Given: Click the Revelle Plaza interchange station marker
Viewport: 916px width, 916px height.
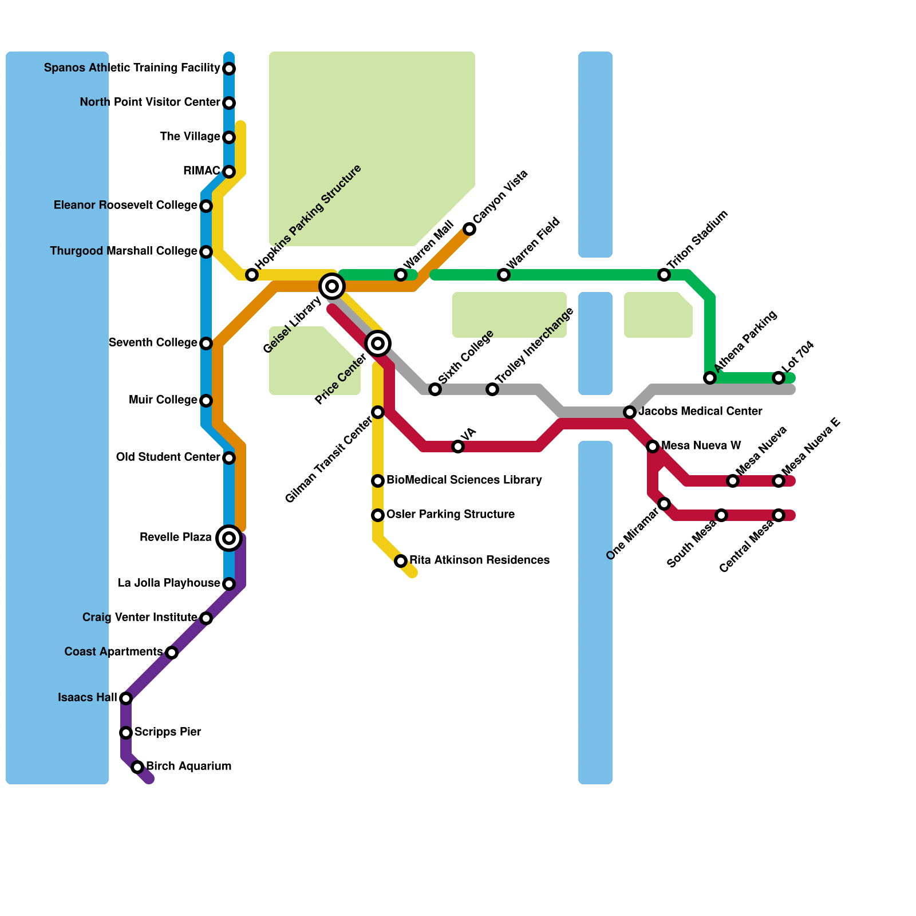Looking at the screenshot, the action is pyautogui.click(x=229, y=538).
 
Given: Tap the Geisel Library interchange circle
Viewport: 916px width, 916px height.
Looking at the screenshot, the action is pyautogui.click(x=332, y=286).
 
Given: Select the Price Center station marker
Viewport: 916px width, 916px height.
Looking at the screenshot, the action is pyautogui.click(x=378, y=343).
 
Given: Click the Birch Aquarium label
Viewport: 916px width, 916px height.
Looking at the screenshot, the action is pyautogui.click(x=188, y=767).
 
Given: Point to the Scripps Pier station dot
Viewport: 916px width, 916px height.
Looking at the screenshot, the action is pyautogui.click(x=126, y=733).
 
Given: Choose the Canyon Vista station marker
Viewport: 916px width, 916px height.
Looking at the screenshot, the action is pyautogui.click(x=469, y=229).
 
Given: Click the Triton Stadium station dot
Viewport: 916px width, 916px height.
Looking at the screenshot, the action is pyautogui.click(x=664, y=275).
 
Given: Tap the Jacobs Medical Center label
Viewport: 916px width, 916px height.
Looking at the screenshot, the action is pyautogui.click(x=700, y=412).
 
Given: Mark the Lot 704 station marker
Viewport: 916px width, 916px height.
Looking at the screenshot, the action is pyautogui.click(x=779, y=378).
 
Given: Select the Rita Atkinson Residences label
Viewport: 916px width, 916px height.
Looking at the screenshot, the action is pyautogui.click(x=479, y=560).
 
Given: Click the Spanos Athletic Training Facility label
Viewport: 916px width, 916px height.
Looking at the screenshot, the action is pyautogui.click(x=132, y=68).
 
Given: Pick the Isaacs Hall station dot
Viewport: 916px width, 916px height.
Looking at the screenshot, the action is pyautogui.click(x=126, y=698).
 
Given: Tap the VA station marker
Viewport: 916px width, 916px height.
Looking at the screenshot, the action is pyautogui.click(x=458, y=447).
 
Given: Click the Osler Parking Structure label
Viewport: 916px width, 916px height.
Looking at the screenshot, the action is pyautogui.click(x=450, y=515).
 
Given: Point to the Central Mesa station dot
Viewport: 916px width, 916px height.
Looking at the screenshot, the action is pyautogui.click(x=779, y=515).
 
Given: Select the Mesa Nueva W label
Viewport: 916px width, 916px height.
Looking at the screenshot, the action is pyautogui.click(x=701, y=446).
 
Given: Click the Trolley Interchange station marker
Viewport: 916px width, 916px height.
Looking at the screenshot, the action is pyautogui.click(x=492, y=389).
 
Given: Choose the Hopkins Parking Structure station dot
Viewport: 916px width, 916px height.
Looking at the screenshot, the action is pyautogui.click(x=252, y=275).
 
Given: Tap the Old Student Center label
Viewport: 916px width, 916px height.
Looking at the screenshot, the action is pyautogui.click(x=168, y=457).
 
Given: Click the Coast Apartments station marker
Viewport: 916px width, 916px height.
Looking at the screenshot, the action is pyautogui.click(x=172, y=653).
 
